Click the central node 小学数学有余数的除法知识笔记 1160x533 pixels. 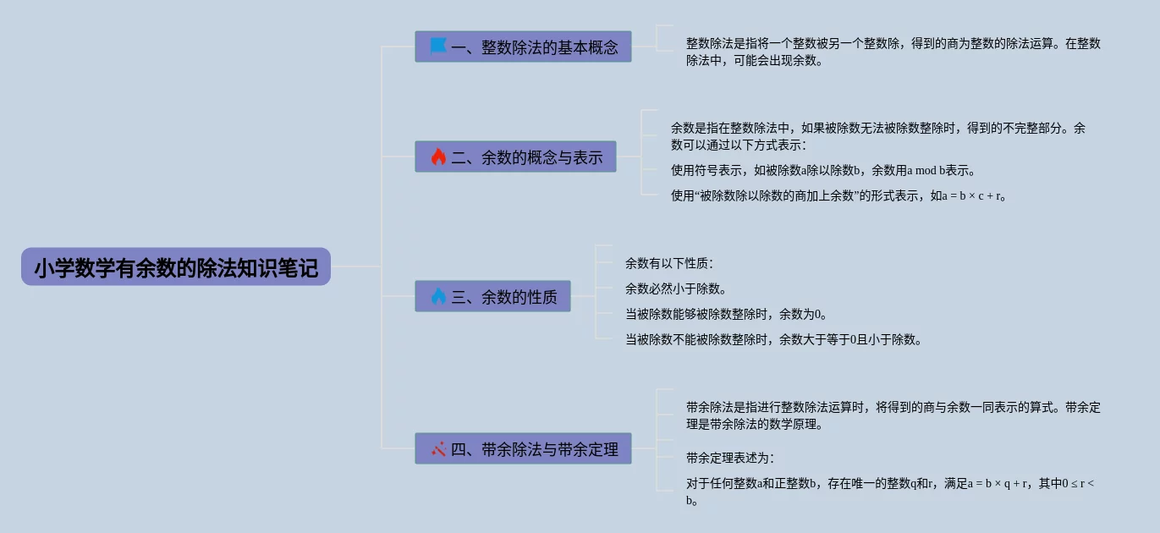pos(176,267)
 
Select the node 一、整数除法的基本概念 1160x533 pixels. pos(523,47)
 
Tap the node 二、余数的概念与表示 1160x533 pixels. pos(515,157)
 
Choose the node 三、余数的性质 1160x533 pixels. pos(492,296)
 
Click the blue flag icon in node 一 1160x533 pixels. pos(437,46)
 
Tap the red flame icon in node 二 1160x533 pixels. pos(437,157)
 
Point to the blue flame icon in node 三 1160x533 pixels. pos(437,296)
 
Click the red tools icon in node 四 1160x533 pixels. pos(437,448)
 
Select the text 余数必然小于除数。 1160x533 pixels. pos(676,288)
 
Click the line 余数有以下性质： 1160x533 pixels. pos(669,263)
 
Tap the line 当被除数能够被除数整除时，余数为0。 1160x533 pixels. pos(726,314)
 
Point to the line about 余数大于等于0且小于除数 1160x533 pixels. pos(773,339)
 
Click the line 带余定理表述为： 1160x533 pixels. pos(730,458)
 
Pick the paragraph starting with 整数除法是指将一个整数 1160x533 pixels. pos(893,52)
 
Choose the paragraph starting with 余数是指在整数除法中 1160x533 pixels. pos(877,136)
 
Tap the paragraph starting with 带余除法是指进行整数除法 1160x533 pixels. pos(893,415)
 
